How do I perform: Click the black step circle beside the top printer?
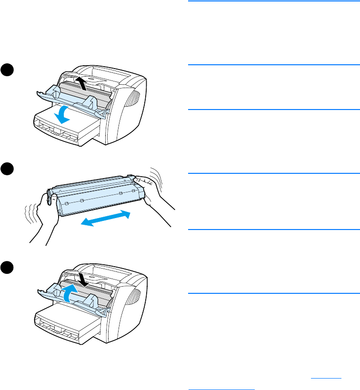(7, 69)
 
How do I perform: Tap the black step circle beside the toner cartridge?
(7, 170)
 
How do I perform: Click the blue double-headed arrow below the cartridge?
(105, 219)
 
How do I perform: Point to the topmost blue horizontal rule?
(272, 1)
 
